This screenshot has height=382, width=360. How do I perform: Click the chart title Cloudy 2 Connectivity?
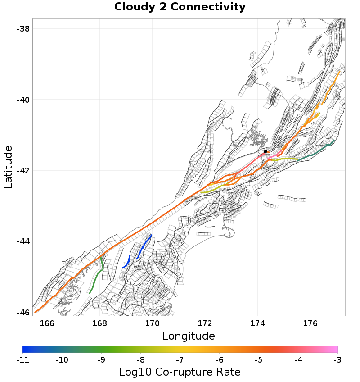click(x=180, y=7)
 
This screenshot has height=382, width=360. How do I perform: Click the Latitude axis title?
click(x=8, y=167)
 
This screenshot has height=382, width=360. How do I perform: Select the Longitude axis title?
click(x=189, y=336)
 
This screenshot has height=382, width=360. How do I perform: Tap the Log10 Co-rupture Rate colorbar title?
click(x=180, y=372)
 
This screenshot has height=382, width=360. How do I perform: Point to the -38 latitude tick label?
click(x=22, y=28)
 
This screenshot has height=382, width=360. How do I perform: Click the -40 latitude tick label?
click(x=22, y=100)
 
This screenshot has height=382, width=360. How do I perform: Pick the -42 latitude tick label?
click(x=22, y=171)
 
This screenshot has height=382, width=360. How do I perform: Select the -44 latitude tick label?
click(x=22, y=241)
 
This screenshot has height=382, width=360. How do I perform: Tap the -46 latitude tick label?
click(x=22, y=313)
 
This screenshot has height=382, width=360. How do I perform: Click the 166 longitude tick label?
click(x=47, y=323)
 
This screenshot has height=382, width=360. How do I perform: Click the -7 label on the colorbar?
click(x=180, y=359)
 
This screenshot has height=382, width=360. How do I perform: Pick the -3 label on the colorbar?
click(x=337, y=359)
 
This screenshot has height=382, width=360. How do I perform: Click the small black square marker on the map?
click(x=265, y=151)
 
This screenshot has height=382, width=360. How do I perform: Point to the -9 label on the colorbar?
click(x=101, y=359)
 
